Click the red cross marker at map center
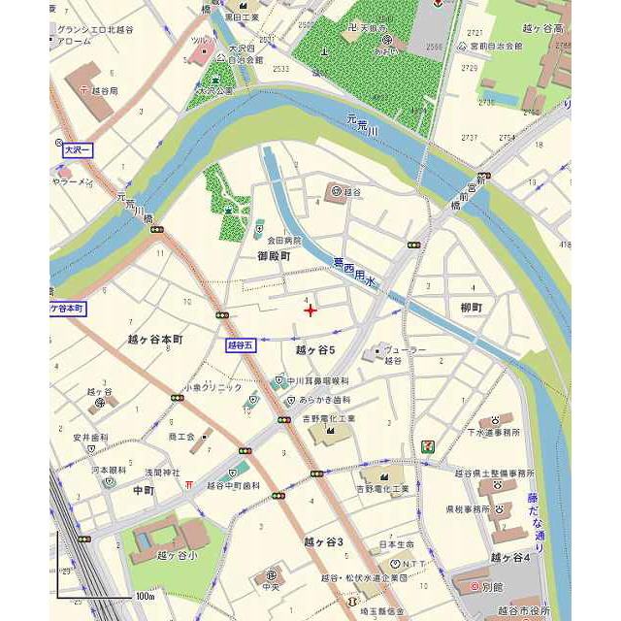[310, 310]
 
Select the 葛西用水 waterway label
[354, 263]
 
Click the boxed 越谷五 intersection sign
[240, 344]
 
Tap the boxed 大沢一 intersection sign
[76, 150]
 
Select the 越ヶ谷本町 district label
[155, 341]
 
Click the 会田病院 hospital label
[284, 240]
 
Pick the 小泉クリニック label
[212, 387]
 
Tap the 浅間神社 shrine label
[163, 472]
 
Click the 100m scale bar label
[145, 595]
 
